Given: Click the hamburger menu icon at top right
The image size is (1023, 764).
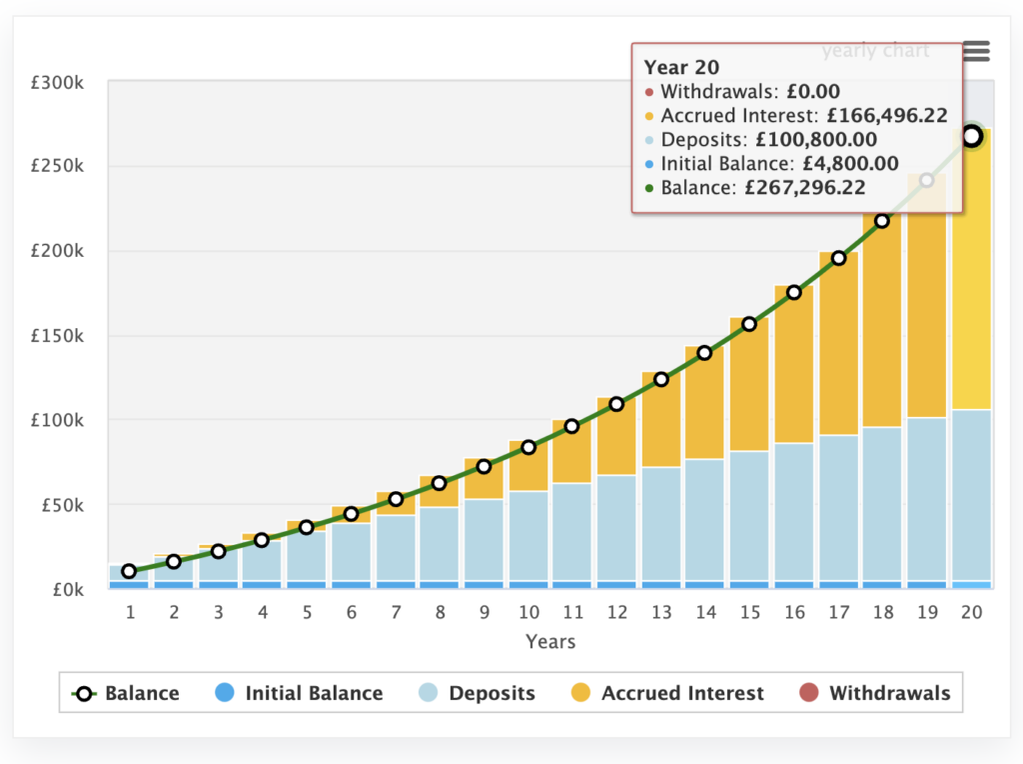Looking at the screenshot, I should [x=976, y=51].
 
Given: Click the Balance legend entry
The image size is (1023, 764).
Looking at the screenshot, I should [x=125, y=693].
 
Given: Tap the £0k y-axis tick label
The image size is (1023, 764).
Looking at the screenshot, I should [x=66, y=589].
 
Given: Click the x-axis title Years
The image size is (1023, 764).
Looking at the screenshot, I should [x=550, y=641].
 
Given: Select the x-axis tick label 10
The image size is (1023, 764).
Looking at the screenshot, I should [x=528, y=612].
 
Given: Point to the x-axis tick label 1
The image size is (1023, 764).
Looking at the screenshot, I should [x=129, y=612].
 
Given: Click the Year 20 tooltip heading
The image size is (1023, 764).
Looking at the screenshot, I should [x=681, y=67].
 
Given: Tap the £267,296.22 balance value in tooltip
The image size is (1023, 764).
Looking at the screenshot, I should [x=805, y=187].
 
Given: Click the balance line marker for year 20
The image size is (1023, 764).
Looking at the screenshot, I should [x=971, y=136].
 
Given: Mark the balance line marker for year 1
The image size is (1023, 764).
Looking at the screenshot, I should [x=129, y=571].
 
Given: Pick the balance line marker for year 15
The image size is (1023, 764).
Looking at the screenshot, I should [x=749, y=324].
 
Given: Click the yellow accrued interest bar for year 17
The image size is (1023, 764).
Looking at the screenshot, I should [x=838, y=340].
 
